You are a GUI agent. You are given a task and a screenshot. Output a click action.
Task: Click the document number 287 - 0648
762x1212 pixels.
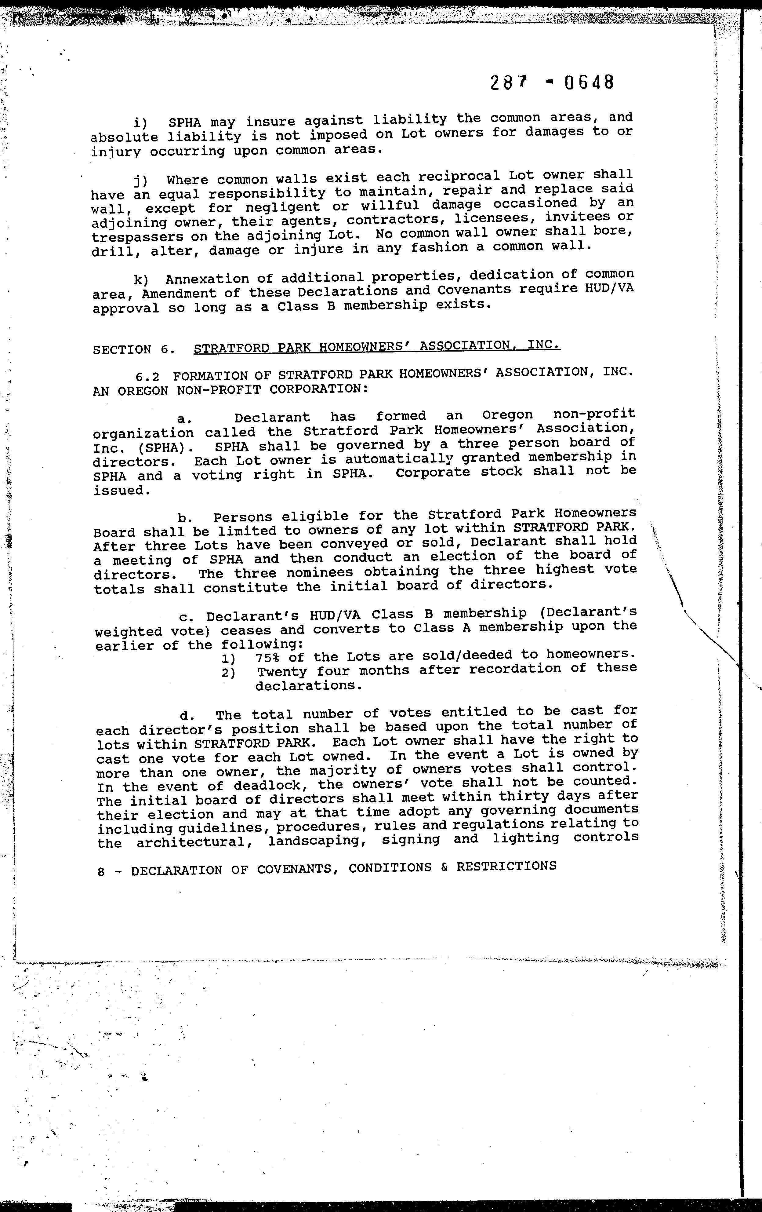click(552, 82)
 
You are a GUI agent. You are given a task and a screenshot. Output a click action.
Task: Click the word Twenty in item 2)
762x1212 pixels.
click(282, 672)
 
